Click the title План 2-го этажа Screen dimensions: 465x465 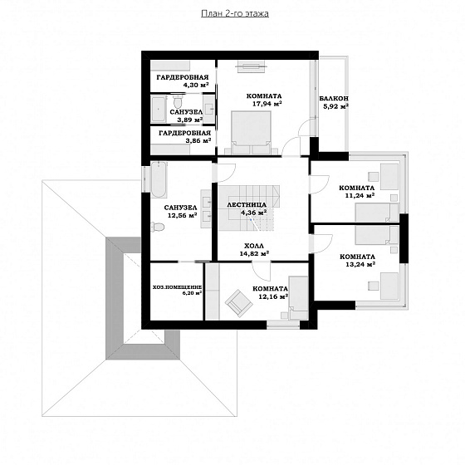tap(235, 13)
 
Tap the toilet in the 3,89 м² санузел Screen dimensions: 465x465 tap(178, 101)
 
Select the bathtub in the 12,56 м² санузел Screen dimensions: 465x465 tap(159, 179)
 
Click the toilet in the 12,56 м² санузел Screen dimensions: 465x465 tap(158, 227)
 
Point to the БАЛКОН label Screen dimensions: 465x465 tap(334, 99)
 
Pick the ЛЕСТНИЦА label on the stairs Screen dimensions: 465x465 tap(247, 204)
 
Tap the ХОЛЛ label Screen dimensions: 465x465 tap(254, 246)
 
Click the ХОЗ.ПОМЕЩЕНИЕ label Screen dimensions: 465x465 tap(178, 287)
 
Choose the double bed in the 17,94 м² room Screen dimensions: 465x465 tap(251, 133)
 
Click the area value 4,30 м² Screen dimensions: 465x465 tap(196, 85)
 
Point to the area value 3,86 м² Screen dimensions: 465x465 tap(198, 140)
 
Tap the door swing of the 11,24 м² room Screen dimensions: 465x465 tap(320, 184)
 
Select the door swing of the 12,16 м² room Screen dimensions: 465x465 tap(262, 272)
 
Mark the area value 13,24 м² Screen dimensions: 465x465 tap(360, 264)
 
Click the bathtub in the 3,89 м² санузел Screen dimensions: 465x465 tap(158, 109)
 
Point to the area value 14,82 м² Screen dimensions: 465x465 tap(254, 253)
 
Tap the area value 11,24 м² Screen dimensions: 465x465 tap(360, 195)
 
